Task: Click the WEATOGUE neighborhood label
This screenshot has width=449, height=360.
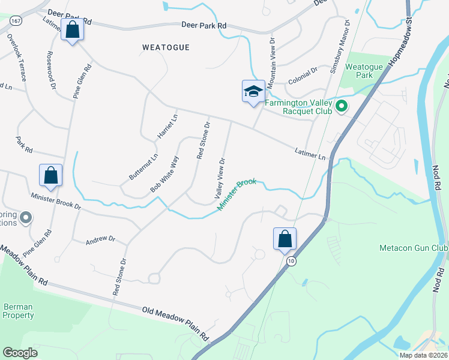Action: pyautogui.click(x=166, y=47)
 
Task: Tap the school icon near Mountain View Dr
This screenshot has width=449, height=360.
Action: pyautogui.click(x=253, y=91)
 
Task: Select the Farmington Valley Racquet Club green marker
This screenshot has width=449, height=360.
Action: pyautogui.click(x=342, y=107)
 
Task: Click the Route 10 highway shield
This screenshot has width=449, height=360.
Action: pyautogui.click(x=291, y=261)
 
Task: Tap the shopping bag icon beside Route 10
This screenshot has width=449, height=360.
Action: pyautogui.click(x=285, y=239)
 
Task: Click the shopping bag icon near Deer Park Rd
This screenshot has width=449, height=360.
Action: pyautogui.click(x=72, y=29)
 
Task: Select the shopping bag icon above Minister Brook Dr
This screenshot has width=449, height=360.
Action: pyautogui.click(x=51, y=175)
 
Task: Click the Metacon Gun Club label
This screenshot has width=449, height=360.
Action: pyautogui.click(x=414, y=248)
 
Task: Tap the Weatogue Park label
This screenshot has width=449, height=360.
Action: pyautogui.click(x=360, y=71)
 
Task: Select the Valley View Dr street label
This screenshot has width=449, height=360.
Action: pyautogui.click(x=220, y=179)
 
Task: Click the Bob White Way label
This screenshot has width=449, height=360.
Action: pyautogui.click(x=165, y=174)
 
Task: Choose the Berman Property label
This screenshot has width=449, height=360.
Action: pyautogui.click(x=18, y=310)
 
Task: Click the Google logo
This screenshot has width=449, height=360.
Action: pyautogui.click(x=20, y=352)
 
